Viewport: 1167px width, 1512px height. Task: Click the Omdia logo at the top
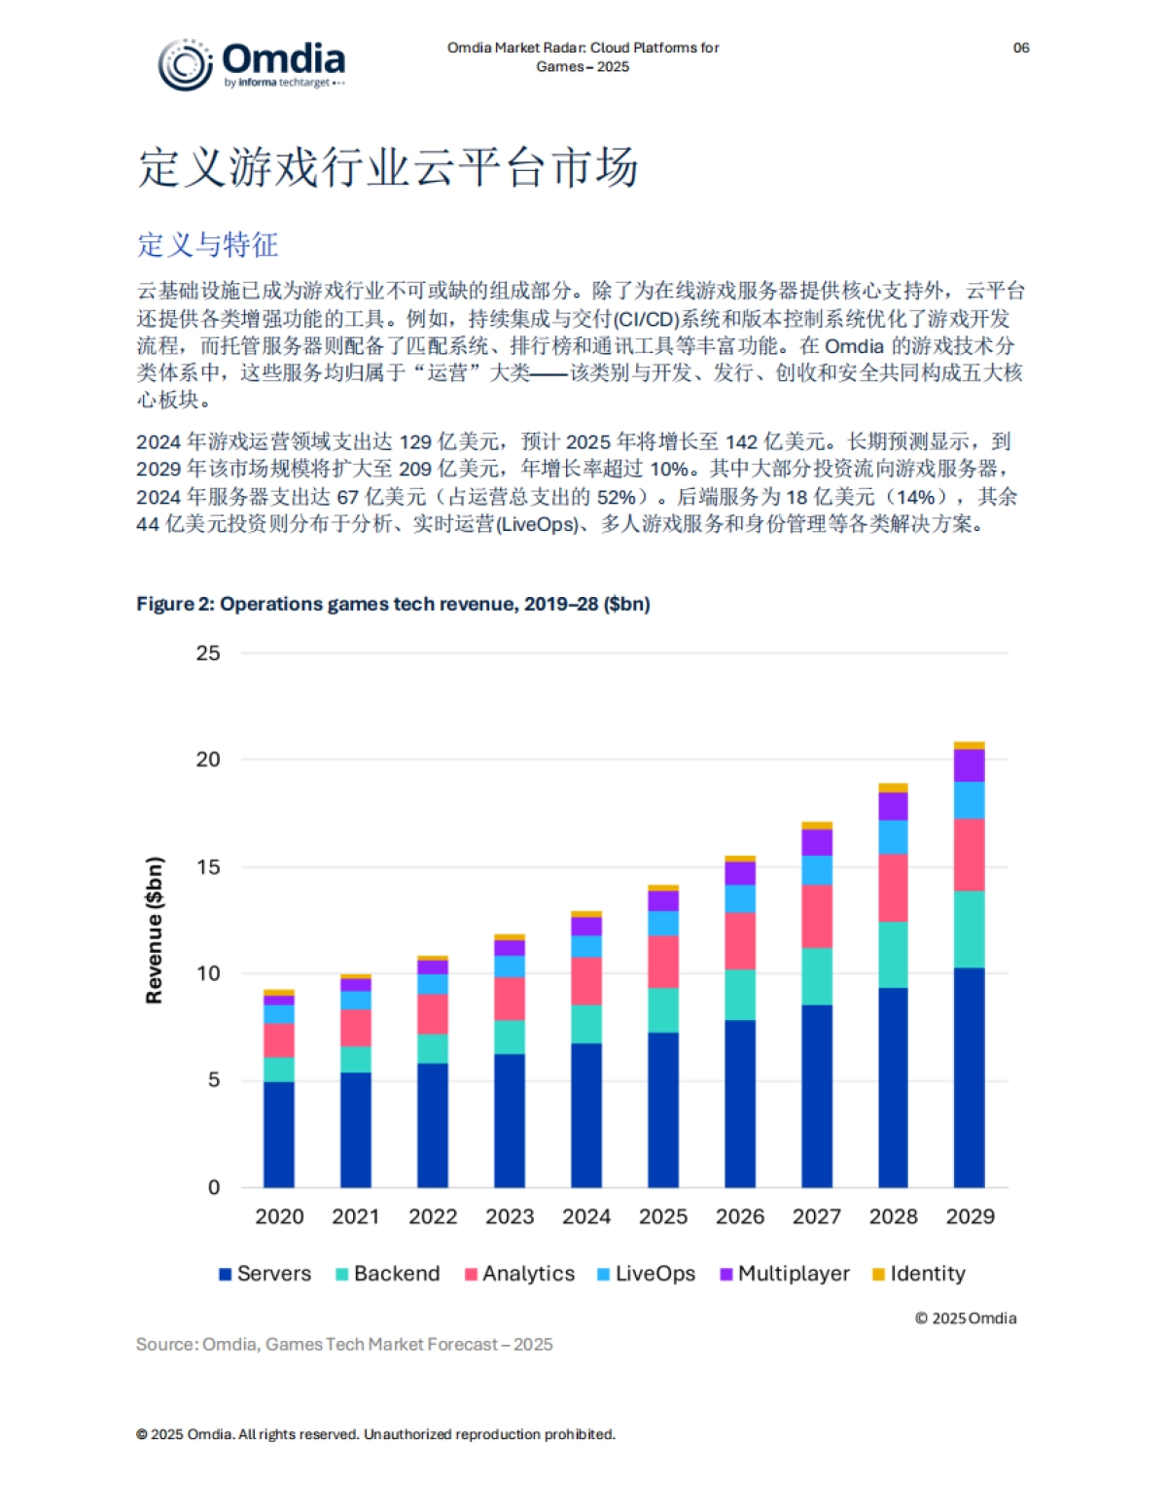252,64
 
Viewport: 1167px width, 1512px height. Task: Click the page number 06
1020,48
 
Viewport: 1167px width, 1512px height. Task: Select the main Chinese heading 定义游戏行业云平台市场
387,167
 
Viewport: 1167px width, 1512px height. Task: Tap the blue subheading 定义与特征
207,244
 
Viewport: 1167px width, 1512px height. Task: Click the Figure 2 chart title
393,604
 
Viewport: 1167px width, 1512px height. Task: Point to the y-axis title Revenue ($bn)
154,930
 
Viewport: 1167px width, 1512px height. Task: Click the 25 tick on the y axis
208,653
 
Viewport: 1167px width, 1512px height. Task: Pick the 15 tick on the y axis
208,866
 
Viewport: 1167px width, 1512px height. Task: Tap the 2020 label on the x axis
279,1216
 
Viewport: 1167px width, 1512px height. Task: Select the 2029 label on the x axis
970,1216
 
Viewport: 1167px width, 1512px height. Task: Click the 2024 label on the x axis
586,1216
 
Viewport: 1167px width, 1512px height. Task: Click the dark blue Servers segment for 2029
969,1077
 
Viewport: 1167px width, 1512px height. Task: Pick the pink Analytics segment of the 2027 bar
816,916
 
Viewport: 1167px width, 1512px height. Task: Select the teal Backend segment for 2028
893,955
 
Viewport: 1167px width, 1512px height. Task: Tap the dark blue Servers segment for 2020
279,1134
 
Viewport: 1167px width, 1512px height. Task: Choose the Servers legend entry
265,1274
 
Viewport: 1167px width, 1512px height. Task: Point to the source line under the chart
344,1344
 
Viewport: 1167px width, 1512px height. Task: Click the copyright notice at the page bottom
375,1434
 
